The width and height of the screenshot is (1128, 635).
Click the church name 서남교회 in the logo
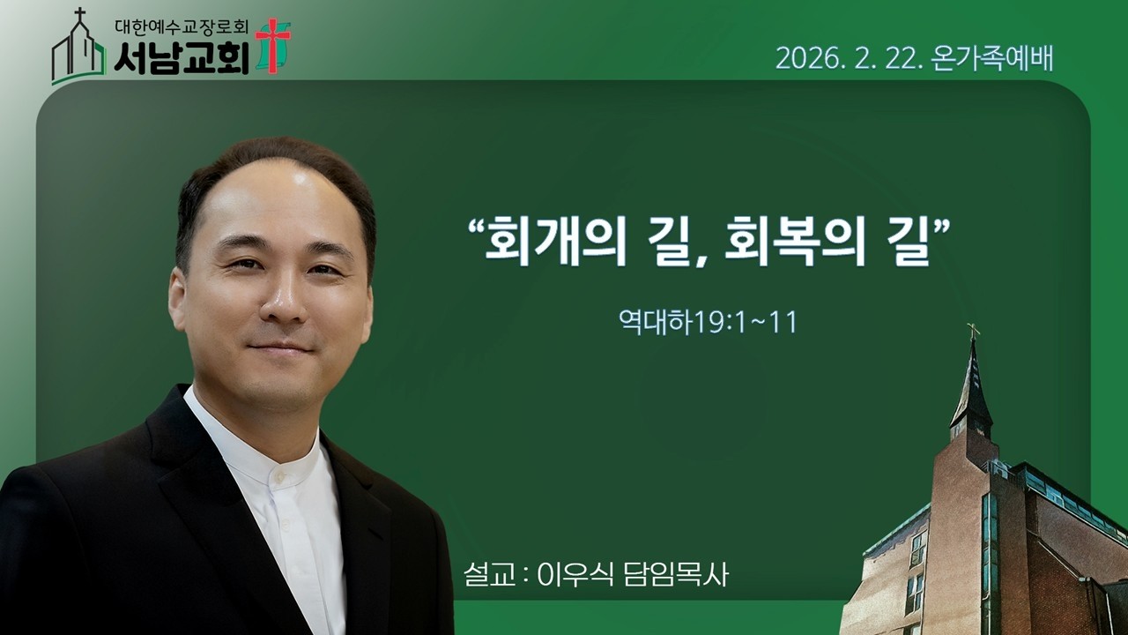pos(182,56)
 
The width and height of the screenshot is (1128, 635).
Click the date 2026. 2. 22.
pos(848,57)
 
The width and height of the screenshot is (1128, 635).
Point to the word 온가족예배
pos(992,57)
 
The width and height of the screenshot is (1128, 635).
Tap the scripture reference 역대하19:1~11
pos(708,322)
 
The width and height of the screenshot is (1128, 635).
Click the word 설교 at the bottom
pos(489,574)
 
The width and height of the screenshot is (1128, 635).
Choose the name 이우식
pos(573,574)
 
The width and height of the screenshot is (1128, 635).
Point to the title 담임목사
pos(678,574)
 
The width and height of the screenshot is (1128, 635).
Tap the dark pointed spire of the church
pos(972,388)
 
